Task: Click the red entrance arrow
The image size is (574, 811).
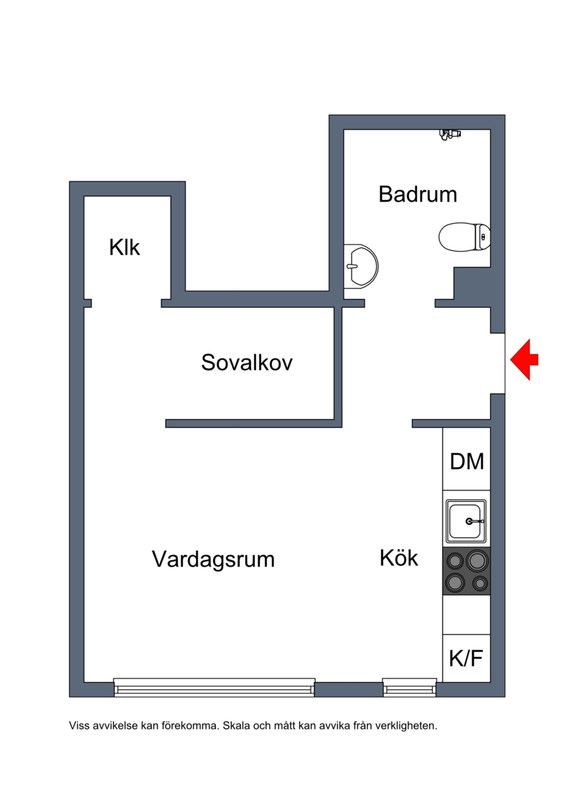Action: point(524,359)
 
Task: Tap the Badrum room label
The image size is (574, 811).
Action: point(418,194)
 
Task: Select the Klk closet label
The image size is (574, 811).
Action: point(124,247)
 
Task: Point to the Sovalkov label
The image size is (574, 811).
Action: point(247,362)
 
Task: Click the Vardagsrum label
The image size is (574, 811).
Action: point(213,559)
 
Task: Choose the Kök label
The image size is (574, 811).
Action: point(398,558)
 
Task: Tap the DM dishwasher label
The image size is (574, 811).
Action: point(467,461)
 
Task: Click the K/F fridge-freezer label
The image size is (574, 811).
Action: point(466,658)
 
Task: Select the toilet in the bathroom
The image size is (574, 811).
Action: point(464,237)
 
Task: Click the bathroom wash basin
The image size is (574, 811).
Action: point(361,266)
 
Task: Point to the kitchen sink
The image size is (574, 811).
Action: point(466,521)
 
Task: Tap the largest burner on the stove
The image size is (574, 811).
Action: point(476,561)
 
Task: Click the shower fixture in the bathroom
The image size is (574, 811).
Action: point(450,134)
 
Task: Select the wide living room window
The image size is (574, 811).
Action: point(215,688)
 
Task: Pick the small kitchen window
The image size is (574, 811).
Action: point(410,688)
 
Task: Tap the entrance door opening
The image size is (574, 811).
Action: point(497,363)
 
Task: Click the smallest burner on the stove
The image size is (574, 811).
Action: point(480,584)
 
